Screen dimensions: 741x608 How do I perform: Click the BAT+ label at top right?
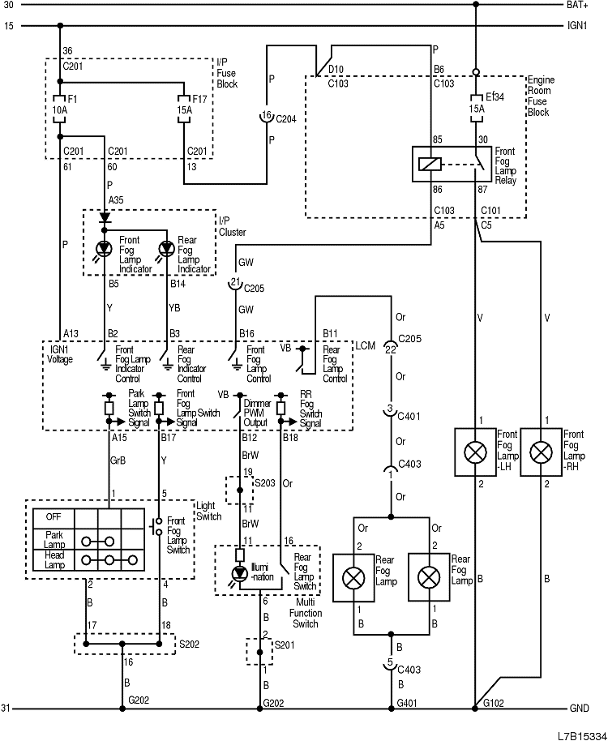(x=577, y=5)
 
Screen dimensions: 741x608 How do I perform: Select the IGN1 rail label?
(x=577, y=26)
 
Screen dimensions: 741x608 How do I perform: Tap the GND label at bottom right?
(x=579, y=709)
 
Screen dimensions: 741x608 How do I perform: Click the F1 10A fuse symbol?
(x=59, y=109)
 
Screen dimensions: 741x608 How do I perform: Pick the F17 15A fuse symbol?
(x=186, y=109)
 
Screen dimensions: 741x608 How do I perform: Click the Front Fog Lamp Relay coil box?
(x=429, y=163)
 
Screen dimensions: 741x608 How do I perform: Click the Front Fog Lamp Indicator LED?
(x=103, y=248)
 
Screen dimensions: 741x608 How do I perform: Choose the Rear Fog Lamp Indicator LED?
(x=165, y=248)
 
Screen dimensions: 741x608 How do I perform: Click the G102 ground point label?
(x=493, y=702)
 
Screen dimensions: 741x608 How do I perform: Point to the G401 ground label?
(x=408, y=702)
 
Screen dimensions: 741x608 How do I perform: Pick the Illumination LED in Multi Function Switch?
(x=240, y=573)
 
